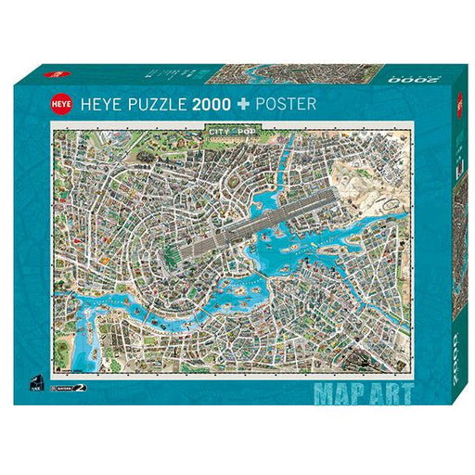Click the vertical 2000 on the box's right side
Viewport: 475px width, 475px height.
(x=457, y=362)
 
